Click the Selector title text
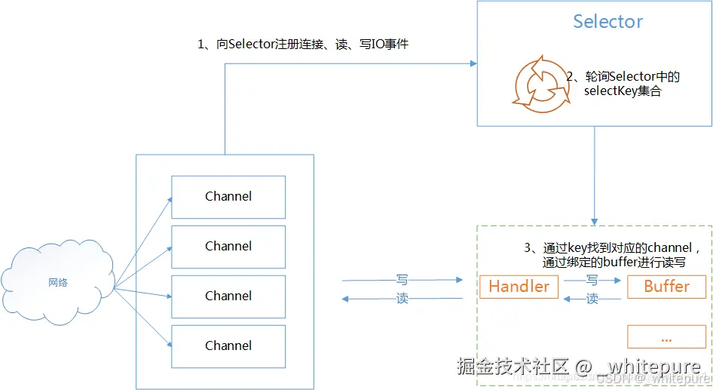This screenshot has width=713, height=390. (x=607, y=21)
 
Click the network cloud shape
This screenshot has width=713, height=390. (x=58, y=282)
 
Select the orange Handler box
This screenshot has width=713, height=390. (x=519, y=287)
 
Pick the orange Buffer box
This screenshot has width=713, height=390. (x=666, y=287)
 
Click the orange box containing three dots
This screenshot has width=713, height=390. (x=666, y=337)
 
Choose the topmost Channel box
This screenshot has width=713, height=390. (x=228, y=197)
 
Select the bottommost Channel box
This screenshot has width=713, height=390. (x=228, y=346)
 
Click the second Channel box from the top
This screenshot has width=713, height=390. (x=228, y=247)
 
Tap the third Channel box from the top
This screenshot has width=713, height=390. (x=228, y=296)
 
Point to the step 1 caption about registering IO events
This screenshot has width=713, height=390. (x=303, y=45)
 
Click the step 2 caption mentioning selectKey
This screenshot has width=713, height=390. (x=623, y=83)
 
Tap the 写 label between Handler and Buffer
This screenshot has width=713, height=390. (x=592, y=279)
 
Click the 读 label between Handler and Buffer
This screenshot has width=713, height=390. (x=592, y=299)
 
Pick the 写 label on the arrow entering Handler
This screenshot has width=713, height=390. (x=402, y=279)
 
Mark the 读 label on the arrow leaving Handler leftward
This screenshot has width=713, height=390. (x=402, y=299)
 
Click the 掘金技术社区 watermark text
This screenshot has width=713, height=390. (x=513, y=367)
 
